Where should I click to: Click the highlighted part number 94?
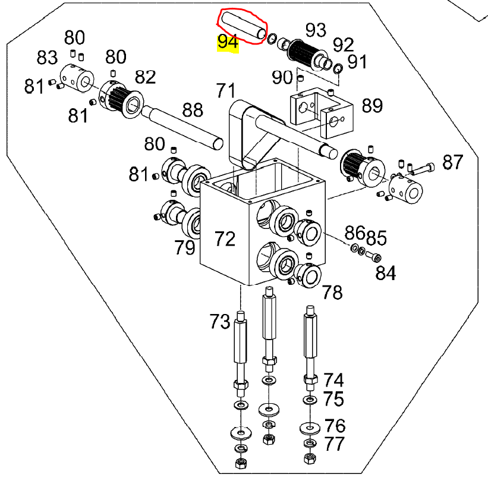pos(228,42)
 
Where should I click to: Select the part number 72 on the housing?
pos(225,239)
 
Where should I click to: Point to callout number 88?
pos(193,110)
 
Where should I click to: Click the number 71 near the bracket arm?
pos(226,92)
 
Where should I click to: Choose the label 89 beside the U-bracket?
pos(372,106)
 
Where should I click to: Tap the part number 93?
pos(316,29)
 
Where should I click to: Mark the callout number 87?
pos(452,162)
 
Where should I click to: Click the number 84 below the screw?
pos(385,273)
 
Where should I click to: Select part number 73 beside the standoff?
pos(219,322)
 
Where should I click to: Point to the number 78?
pos(332,292)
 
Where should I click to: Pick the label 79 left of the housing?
pos(185,247)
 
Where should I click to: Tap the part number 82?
pos(145,77)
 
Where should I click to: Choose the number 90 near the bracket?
pos(282,77)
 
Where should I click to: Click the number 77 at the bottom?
pos(335,444)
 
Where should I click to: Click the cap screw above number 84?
pos(374,257)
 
